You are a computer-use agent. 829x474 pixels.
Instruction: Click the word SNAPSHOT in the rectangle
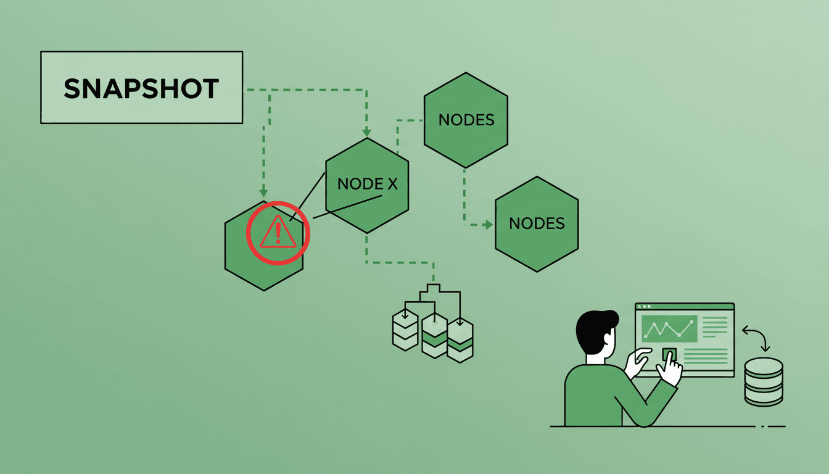click(141, 89)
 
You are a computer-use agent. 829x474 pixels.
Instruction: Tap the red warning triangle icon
click(278, 233)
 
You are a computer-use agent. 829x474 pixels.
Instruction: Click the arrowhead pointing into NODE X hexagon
click(367, 132)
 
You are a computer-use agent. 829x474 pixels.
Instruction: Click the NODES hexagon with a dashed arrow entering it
click(537, 223)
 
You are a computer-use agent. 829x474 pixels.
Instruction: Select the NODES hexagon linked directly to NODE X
click(466, 120)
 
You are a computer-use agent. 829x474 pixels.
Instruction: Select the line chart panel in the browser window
click(669, 329)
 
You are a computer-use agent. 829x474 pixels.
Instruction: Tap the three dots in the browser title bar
click(643, 307)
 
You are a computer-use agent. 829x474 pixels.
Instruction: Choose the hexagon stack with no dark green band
click(405, 331)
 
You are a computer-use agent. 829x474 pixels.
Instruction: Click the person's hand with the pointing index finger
click(669, 369)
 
